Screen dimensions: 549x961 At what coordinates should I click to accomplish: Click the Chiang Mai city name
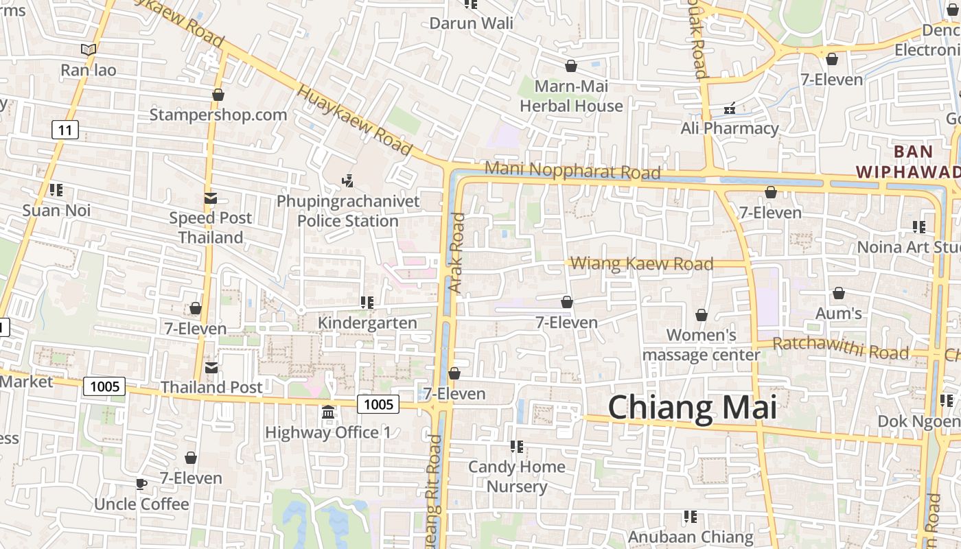692,408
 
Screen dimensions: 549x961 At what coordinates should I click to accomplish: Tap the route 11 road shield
65,130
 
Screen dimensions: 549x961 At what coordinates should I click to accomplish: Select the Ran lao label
89,70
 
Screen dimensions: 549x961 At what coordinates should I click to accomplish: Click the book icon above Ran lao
88,49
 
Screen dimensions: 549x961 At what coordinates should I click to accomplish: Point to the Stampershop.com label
218,115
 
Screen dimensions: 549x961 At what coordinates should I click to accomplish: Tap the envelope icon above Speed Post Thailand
211,198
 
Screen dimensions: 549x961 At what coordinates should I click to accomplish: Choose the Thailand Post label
211,387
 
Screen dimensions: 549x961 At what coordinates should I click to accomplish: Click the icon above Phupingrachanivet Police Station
348,181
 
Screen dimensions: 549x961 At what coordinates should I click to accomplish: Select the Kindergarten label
367,323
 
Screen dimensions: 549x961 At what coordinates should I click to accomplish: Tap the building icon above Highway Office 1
328,413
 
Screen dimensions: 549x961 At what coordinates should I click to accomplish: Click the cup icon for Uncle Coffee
141,484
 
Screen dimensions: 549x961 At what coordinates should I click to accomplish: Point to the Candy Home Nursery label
517,476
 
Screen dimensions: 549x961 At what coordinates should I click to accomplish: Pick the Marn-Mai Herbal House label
571,96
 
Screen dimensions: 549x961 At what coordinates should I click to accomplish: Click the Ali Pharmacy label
730,128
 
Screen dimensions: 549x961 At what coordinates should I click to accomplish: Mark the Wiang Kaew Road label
642,264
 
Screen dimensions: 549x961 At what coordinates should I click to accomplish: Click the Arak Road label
457,253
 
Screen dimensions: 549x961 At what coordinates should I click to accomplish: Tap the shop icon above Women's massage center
702,316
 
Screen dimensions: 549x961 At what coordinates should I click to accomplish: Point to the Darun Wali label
471,23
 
